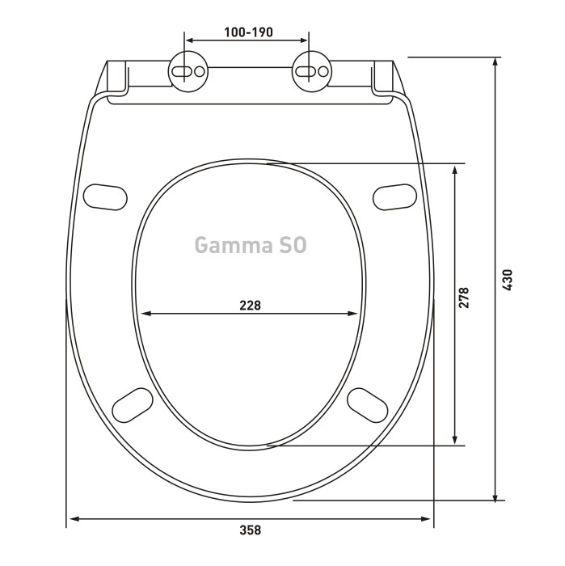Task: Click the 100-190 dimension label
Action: pos(249,32)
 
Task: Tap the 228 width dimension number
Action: pos(250,306)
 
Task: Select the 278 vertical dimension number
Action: pos(463,298)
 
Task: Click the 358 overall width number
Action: pos(250,530)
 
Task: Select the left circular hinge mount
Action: pos(188,71)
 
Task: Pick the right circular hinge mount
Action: pos(311,71)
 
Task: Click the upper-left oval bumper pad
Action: pos(105,197)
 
